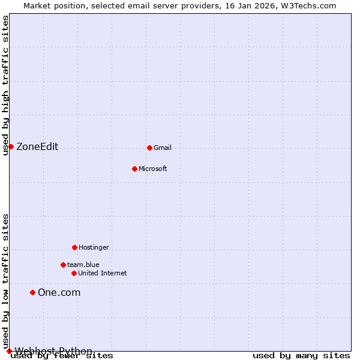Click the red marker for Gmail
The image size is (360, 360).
(x=149, y=148)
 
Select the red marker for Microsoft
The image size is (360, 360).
(x=134, y=169)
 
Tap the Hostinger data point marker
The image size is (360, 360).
(x=74, y=247)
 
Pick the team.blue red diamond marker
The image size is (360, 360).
(x=63, y=265)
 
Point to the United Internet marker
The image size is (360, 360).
(x=74, y=273)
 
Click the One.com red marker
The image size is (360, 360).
(x=32, y=292)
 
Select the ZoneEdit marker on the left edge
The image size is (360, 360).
(x=11, y=146)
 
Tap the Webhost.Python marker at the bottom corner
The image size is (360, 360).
(x=9, y=351)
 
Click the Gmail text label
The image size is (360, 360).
(x=163, y=148)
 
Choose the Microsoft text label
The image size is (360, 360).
(x=152, y=169)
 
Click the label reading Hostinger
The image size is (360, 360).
(x=94, y=247)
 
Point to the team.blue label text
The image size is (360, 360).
(x=83, y=265)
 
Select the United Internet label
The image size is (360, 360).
(x=102, y=273)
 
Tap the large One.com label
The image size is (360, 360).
(x=59, y=293)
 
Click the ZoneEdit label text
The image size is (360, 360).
(x=37, y=147)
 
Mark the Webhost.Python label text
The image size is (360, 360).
(x=53, y=351)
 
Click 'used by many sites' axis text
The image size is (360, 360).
(x=301, y=356)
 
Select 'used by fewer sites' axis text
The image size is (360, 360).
(x=62, y=356)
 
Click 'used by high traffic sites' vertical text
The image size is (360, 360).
(x=5, y=86)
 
